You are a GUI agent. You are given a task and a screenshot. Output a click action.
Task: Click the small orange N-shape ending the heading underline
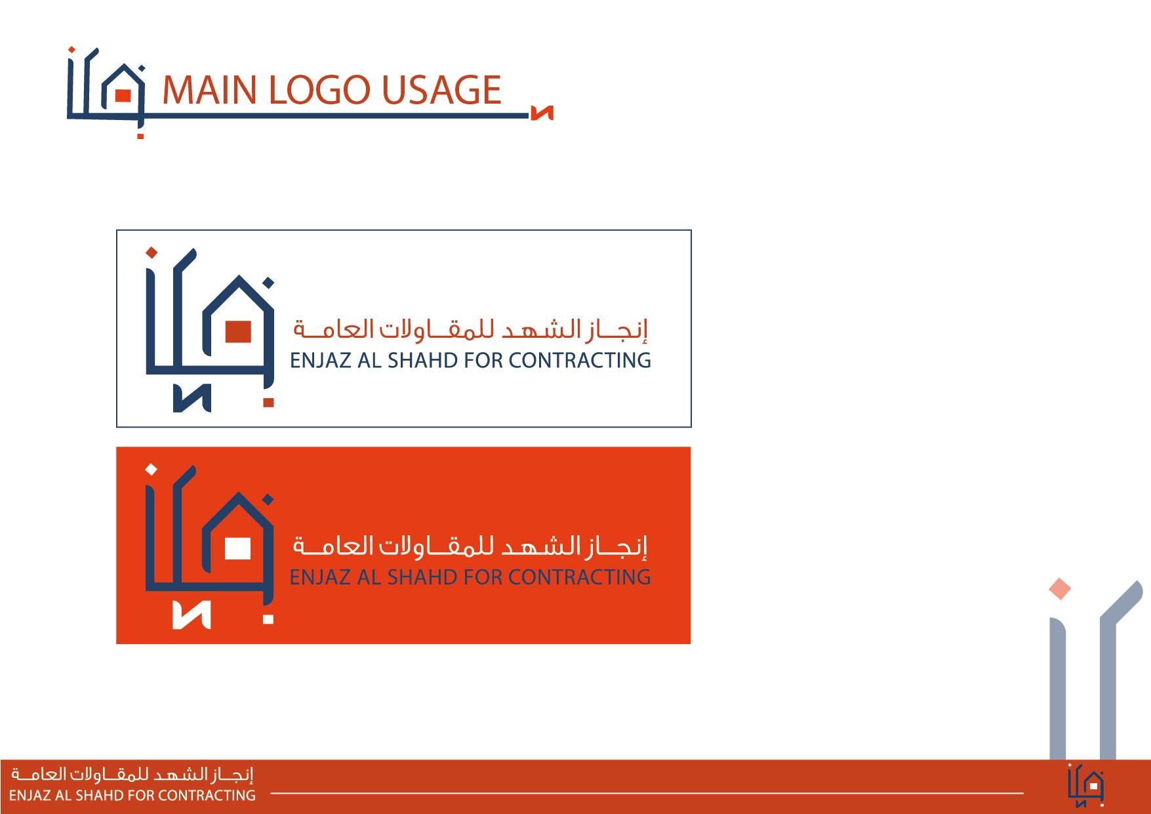pyautogui.click(x=542, y=113)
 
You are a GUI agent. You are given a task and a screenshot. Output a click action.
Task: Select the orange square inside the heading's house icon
pyautogui.click(x=123, y=96)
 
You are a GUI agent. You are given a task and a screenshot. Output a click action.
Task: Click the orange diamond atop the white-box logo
pyautogui.click(x=151, y=252)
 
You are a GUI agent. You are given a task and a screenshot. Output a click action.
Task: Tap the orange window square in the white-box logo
pyautogui.click(x=238, y=331)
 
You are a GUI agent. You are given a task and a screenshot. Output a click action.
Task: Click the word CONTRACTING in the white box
pyautogui.click(x=580, y=360)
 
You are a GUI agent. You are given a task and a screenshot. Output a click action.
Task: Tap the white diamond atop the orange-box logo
pyautogui.click(x=151, y=469)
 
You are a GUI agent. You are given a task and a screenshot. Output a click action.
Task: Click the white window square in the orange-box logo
pyautogui.click(x=237, y=548)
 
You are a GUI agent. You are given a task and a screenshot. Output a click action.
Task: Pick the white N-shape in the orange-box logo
pyautogui.click(x=192, y=615)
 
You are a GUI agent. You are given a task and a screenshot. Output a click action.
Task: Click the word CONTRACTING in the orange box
pyautogui.click(x=580, y=577)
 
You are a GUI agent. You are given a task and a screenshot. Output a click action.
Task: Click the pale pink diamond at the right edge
pyautogui.click(x=1060, y=588)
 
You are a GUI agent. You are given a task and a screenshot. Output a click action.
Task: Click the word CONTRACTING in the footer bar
pyautogui.click(x=207, y=796)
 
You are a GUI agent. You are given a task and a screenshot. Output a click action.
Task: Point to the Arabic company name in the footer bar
pyautogui.click(x=132, y=775)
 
